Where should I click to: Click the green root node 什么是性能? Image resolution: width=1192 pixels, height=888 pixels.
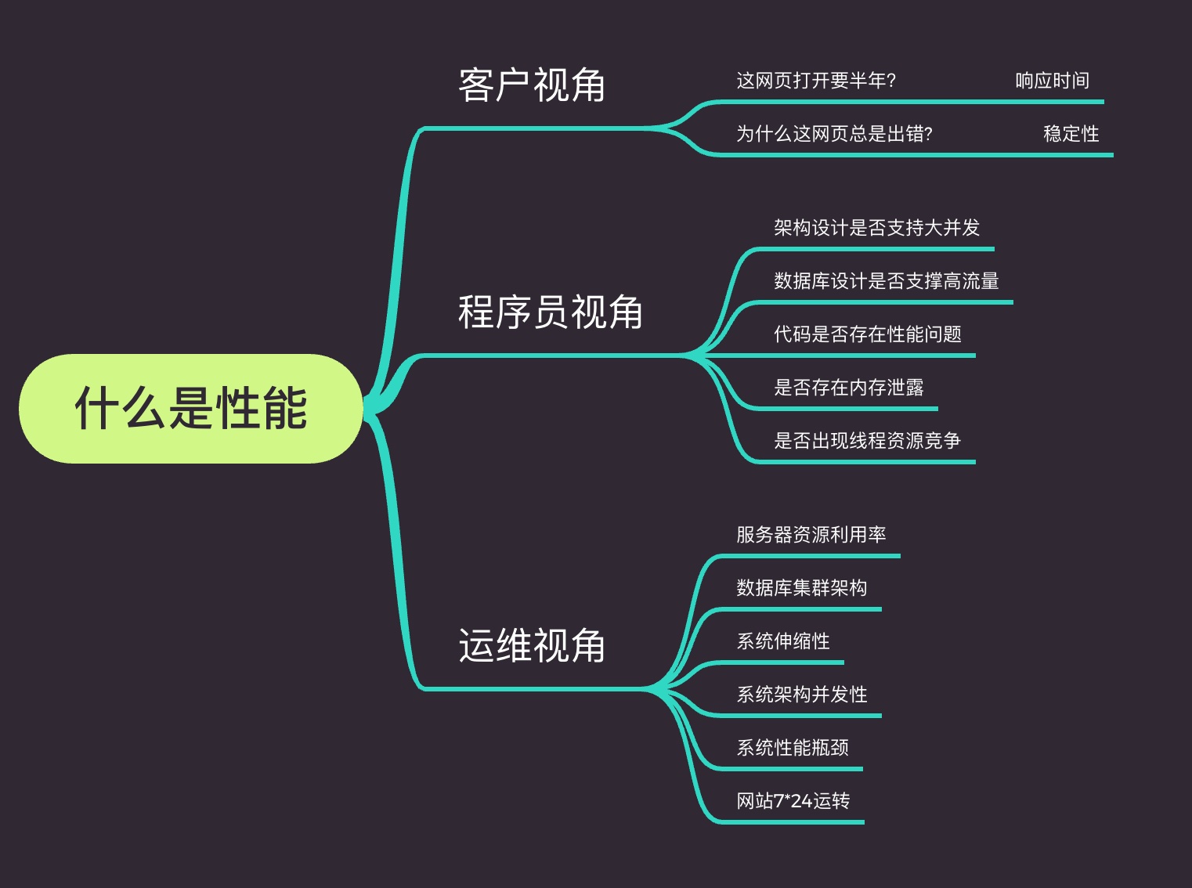tap(190, 408)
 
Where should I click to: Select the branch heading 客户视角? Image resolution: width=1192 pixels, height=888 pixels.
tap(532, 85)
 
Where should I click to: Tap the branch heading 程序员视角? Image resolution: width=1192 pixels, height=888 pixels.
tap(550, 312)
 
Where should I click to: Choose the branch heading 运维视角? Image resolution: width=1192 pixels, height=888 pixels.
tap(532, 646)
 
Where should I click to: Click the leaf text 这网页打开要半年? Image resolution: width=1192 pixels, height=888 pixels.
tap(815, 81)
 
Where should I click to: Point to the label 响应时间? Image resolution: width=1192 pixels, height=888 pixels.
tap(1052, 81)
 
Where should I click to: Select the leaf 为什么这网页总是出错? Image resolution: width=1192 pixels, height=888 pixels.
tap(834, 134)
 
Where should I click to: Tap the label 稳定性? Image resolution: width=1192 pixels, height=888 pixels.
tap(1071, 134)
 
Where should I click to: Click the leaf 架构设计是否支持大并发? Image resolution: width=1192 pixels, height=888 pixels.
tap(876, 228)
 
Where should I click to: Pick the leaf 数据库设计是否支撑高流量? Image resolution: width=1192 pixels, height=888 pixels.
tap(886, 281)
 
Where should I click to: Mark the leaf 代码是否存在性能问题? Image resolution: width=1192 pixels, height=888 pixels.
tap(867, 334)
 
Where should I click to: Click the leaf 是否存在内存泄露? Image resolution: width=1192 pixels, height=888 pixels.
tap(848, 388)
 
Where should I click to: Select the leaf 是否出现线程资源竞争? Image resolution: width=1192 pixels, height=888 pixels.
tap(867, 441)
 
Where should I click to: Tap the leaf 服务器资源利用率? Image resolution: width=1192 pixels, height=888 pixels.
tap(811, 535)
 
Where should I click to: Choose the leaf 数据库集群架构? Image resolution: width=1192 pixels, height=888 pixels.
tap(801, 588)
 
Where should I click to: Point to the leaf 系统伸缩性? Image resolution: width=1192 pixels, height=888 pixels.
tap(782, 641)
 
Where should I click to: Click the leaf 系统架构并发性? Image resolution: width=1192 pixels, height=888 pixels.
tap(801, 695)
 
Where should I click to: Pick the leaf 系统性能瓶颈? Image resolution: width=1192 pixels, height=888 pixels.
tap(792, 748)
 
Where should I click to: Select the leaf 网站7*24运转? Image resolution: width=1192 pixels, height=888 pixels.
tap(793, 801)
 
